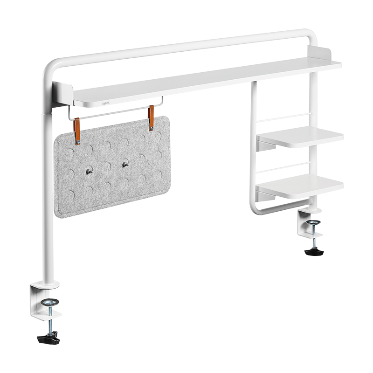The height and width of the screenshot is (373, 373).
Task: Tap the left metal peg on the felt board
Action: (x=88, y=173)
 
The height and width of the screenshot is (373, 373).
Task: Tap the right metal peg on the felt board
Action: (x=125, y=164)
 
